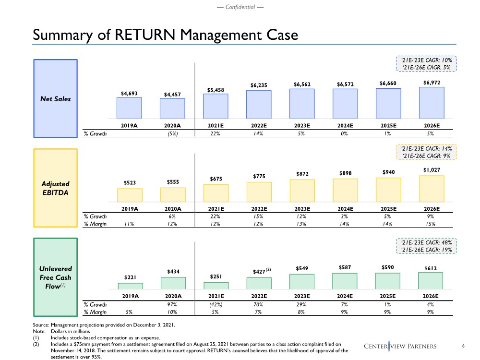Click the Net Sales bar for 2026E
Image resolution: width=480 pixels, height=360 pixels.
[432, 103]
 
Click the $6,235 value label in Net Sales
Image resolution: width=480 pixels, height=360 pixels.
[259, 85]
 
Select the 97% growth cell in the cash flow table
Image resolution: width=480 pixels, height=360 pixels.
[173, 304]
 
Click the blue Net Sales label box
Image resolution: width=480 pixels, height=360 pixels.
[55, 99]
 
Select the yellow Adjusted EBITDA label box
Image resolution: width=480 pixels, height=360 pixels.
[55, 187]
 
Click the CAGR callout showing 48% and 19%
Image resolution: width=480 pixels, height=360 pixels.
[426, 247]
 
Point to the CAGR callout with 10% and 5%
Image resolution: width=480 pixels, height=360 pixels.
[426, 64]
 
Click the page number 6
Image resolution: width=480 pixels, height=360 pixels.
[463, 347]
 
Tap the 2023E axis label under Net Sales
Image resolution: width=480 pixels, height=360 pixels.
[302, 126]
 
